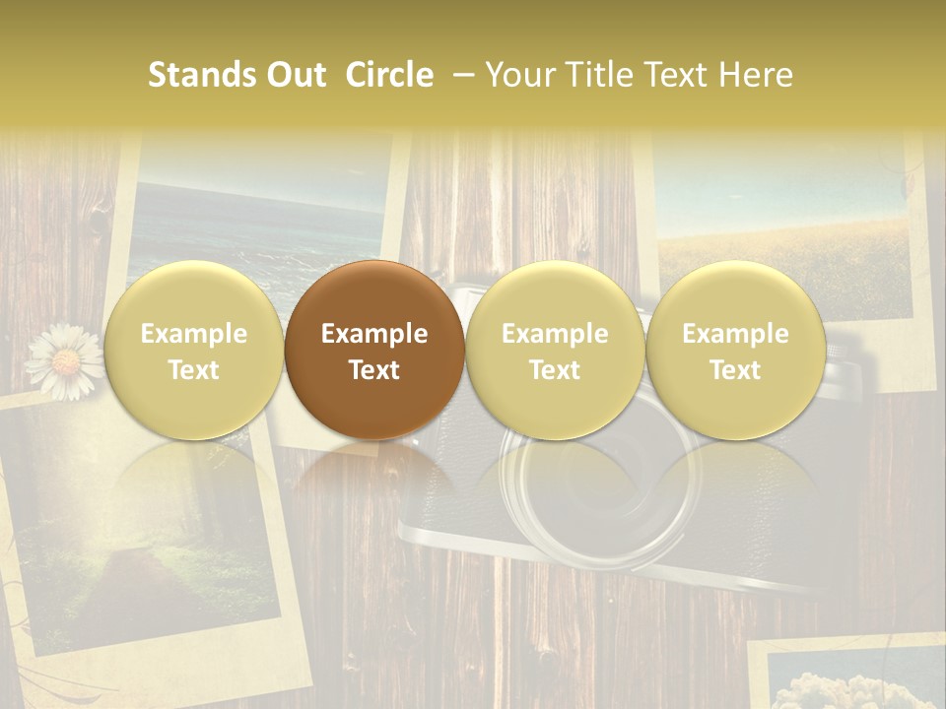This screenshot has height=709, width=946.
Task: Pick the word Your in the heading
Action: [518, 75]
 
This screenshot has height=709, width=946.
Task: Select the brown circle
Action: [374, 350]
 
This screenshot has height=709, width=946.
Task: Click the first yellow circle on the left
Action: [194, 350]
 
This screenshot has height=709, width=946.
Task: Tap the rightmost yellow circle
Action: [736, 350]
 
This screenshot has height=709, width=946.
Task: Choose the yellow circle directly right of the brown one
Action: [555, 350]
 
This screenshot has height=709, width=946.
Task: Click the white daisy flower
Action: [65, 362]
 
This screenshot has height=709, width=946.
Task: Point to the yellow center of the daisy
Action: [66, 362]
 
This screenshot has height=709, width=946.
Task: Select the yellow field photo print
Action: [788, 236]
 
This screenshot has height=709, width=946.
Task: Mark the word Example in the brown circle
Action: [374, 334]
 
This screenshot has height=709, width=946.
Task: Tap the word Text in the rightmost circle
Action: [735, 370]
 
